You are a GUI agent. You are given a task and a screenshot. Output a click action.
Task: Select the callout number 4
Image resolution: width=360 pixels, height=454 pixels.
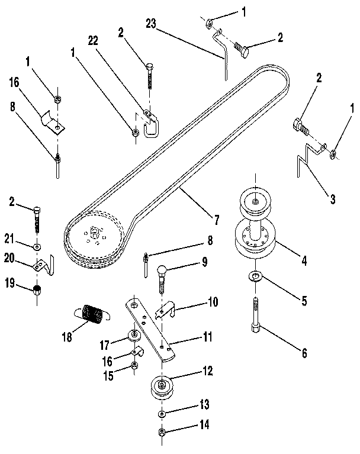pyautogui.click(x=304, y=258)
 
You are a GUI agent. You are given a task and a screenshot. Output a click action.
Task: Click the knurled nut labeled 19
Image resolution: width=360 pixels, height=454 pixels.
pyautogui.click(x=37, y=289)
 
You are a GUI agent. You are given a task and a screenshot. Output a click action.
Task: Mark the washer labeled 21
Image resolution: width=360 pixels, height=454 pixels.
pyautogui.click(x=37, y=246)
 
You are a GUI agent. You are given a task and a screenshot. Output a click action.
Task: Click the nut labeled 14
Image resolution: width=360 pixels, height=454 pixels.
pyautogui.click(x=161, y=433)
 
